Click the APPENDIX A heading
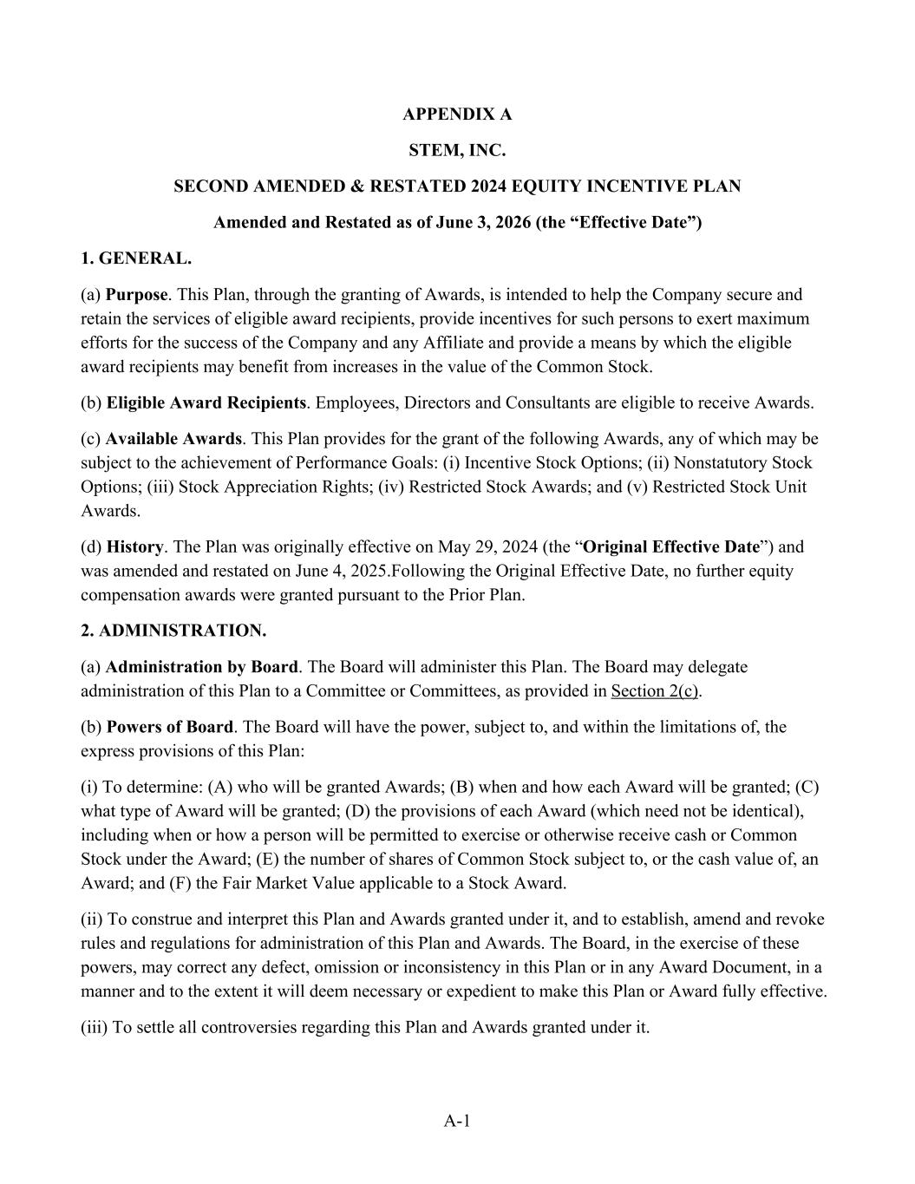(x=457, y=114)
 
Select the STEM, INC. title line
(x=457, y=150)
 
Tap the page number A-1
(x=457, y=1121)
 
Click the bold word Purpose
(x=136, y=295)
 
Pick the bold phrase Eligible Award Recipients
(x=206, y=402)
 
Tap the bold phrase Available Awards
(x=173, y=439)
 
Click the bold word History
(x=134, y=547)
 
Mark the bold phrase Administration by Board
(x=202, y=667)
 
